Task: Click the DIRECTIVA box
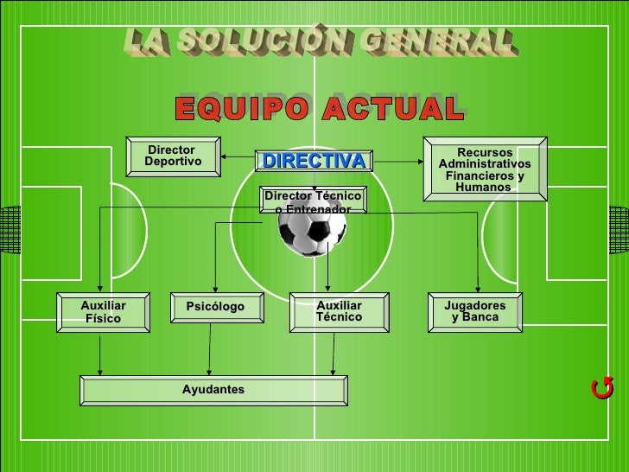(314, 162)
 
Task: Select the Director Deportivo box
(173, 156)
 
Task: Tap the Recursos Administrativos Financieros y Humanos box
(484, 169)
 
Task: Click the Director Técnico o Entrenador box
(313, 202)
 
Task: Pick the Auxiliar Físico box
(103, 312)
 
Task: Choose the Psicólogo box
(215, 308)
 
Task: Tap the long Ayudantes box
(213, 390)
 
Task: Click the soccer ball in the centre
(312, 230)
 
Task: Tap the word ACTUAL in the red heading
(394, 110)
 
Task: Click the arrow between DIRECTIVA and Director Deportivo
(236, 157)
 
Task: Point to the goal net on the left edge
(10, 231)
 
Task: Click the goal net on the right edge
(619, 231)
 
